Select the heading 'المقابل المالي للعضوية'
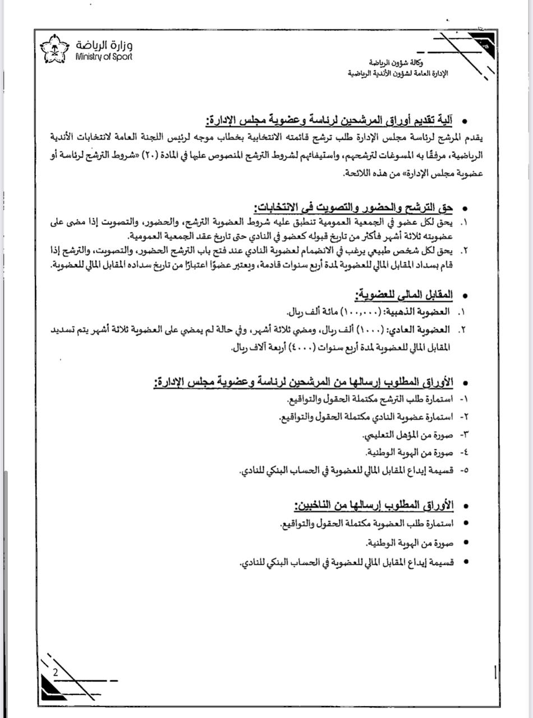coord(403,295)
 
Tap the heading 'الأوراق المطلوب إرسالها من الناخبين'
coord(374,505)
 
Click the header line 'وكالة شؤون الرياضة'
coord(397,62)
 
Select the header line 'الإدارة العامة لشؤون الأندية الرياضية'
coord(398,73)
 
